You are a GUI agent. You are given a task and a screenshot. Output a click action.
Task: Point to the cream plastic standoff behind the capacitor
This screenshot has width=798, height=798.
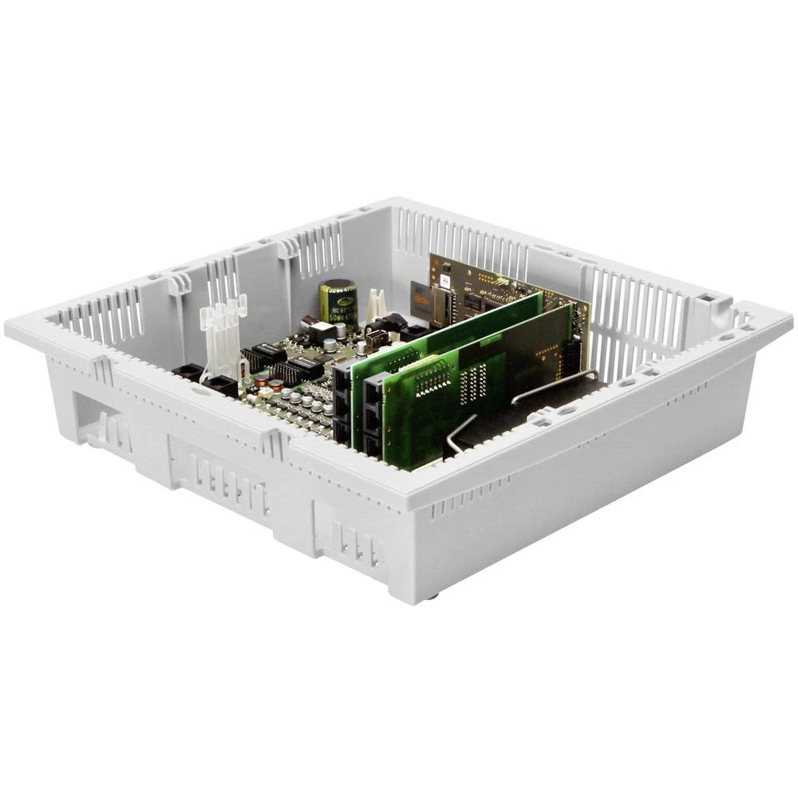[x=375, y=305]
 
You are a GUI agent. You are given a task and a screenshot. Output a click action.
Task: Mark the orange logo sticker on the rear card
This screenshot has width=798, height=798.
[x=421, y=297]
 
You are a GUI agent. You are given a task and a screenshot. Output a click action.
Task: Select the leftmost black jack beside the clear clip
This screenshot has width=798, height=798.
[x=188, y=371]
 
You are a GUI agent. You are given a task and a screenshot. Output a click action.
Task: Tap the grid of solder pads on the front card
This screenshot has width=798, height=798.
[x=474, y=384]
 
